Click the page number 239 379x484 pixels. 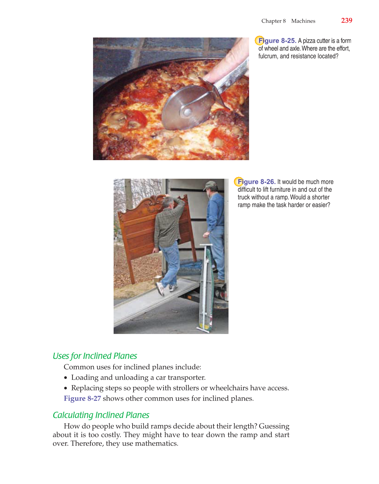pos(346,21)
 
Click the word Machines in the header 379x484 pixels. pos(303,21)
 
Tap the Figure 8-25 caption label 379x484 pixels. pos(277,41)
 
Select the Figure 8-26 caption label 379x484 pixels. pos(257,182)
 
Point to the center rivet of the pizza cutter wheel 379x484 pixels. pos(188,112)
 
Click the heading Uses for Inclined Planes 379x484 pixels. pos(95,356)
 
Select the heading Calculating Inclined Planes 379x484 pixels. pos(101,415)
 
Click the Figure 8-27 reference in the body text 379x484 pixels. pos(82,399)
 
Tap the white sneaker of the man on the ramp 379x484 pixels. pos(160,288)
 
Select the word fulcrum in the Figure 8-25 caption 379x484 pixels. pos(268,56)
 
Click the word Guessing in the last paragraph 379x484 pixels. pos(274,426)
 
